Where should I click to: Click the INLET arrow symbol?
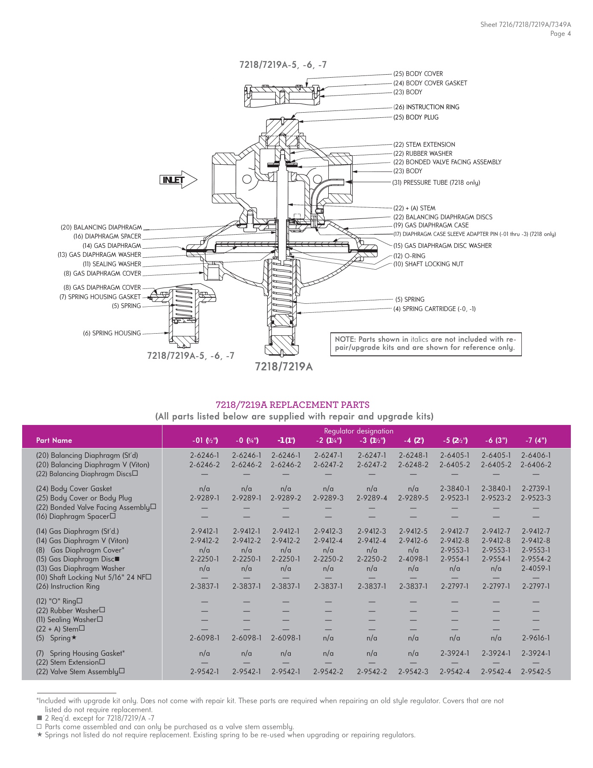click(x=178, y=180)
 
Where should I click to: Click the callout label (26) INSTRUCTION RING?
click(x=426, y=107)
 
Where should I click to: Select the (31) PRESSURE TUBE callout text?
click(x=436, y=183)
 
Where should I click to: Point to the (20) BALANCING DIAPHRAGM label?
click(x=101, y=227)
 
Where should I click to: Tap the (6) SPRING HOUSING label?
click(x=112, y=333)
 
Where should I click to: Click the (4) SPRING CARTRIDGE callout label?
click(x=434, y=309)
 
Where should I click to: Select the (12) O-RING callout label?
click(x=409, y=256)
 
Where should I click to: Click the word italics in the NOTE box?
click(x=419, y=339)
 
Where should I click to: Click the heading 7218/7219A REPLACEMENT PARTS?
click(x=292, y=404)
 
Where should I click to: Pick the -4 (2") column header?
click(x=414, y=440)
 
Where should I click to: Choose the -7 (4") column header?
click(x=536, y=440)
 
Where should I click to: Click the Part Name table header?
click(x=54, y=440)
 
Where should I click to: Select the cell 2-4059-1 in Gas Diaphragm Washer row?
click(x=536, y=568)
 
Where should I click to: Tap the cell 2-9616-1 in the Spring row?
click(x=536, y=638)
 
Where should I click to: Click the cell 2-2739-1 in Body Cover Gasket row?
click(x=536, y=489)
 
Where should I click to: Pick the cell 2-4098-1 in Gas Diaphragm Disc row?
click(x=413, y=559)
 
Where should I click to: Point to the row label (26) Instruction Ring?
click(x=68, y=586)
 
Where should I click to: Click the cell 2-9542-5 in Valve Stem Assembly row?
click(x=536, y=672)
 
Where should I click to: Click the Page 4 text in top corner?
click(x=560, y=34)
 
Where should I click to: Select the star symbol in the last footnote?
click(x=40, y=735)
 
